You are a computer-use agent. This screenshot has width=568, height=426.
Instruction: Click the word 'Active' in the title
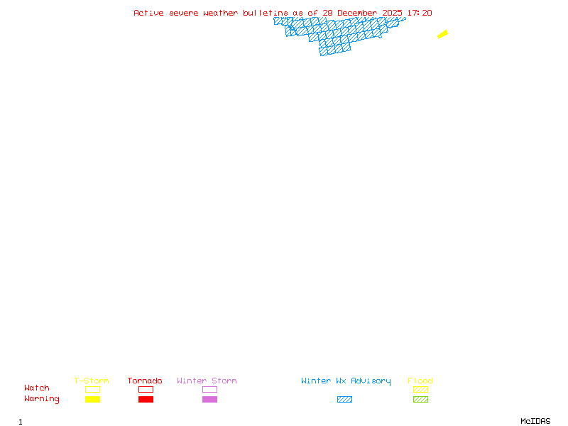point(148,13)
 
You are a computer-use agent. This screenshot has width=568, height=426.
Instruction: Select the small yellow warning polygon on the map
point(442,34)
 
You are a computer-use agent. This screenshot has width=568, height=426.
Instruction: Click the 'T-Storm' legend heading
point(92,381)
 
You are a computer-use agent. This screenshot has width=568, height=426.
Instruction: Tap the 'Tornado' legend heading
point(145,381)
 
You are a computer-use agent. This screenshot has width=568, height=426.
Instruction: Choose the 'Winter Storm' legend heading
point(207,381)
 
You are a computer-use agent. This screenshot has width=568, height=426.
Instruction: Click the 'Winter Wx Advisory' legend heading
point(346,381)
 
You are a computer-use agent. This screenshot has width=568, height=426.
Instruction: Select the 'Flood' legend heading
point(420,381)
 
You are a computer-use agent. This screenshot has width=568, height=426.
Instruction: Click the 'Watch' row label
point(37,388)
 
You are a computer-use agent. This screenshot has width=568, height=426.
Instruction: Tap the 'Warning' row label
point(42,399)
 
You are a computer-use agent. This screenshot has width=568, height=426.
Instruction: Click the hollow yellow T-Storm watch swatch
point(92,389)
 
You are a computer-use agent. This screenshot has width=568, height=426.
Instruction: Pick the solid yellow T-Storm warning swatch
point(92,400)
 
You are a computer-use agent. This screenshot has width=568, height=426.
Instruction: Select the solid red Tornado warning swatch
point(146,400)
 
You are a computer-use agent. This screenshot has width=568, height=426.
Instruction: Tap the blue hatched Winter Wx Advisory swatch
point(344,400)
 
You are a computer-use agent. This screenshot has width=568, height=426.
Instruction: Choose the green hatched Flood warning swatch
point(420,400)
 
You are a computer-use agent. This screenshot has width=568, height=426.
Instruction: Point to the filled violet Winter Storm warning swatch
point(209,400)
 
